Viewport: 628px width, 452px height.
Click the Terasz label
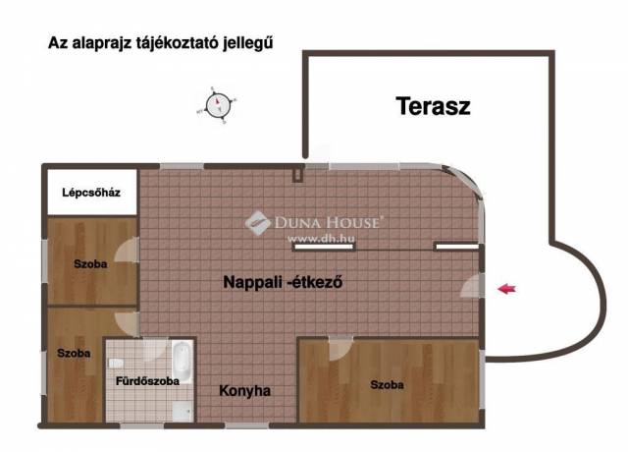coord(433,106)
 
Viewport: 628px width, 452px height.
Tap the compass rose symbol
coord(218,105)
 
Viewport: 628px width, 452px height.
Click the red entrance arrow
coord(506,288)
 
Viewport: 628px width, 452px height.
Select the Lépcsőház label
coord(91,193)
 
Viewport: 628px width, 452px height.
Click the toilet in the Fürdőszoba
coord(116,364)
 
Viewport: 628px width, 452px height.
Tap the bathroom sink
coord(183,412)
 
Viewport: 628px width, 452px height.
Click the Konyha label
coord(244,391)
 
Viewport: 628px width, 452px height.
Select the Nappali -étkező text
coord(283,282)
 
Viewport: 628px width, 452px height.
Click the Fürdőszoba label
coord(147,380)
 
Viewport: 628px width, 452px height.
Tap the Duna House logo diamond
coord(258,223)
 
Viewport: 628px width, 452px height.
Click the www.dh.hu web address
coord(321,238)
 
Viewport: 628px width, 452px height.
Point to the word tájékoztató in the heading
coord(177,42)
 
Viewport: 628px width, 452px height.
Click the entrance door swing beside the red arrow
coord(472,286)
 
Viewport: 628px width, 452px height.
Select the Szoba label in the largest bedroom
coord(387,385)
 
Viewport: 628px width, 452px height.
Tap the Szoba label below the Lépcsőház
coord(90,264)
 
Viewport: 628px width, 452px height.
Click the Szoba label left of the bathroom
coord(74,354)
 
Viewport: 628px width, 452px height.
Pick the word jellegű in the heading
coord(248,43)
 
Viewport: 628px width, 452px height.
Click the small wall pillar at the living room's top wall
coord(297,175)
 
